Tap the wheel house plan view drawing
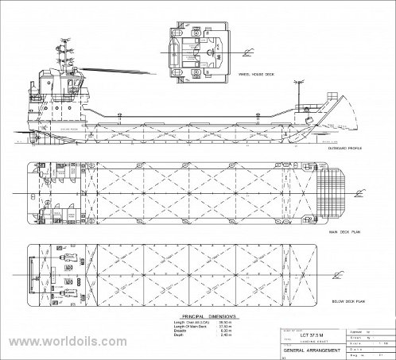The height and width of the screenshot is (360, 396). click(199, 48)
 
